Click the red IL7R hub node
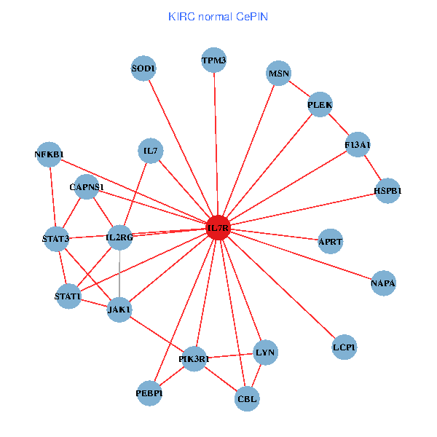(x=219, y=228)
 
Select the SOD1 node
(x=144, y=68)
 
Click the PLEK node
(x=320, y=106)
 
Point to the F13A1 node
(x=358, y=145)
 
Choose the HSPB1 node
(x=387, y=191)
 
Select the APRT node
(x=331, y=241)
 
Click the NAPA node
(x=383, y=283)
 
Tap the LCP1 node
(x=344, y=347)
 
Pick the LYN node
(x=265, y=353)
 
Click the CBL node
(x=248, y=399)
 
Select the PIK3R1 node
(x=194, y=359)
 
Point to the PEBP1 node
(x=149, y=394)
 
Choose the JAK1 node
(x=119, y=310)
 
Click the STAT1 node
(x=68, y=296)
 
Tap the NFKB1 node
(x=49, y=154)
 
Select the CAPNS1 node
(x=87, y=187)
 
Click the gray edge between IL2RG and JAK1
(x=119, y=274)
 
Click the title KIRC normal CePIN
(x=218, y=16)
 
